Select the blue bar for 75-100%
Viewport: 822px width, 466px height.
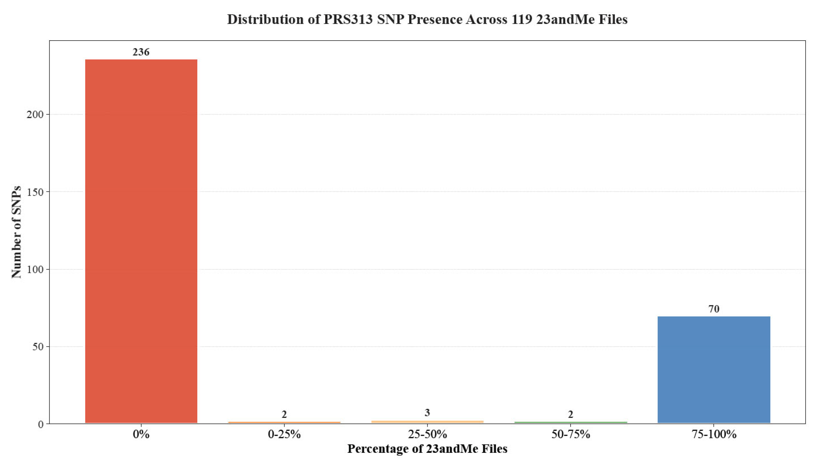(x=714, y=369)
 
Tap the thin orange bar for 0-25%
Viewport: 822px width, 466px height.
(x=284, y=423)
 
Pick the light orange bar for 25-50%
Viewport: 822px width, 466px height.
(x=427, y=422)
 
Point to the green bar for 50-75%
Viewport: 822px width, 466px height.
(x=571, y=423)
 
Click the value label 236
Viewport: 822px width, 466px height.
(x=141, y=52)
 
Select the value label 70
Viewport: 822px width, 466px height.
(x=714, y=309)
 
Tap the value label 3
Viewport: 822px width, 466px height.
(x=427, y=413)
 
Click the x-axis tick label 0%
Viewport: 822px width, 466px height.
(x=141, y=435)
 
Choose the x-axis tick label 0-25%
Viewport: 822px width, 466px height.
(x=284, y=435)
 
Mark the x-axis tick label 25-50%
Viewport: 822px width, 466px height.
(x=427, y=435)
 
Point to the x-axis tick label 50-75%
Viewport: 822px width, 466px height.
(x=571, y=435)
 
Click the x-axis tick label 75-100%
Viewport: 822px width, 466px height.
(x=714, y=435)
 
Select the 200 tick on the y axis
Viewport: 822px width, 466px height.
(x=35, y=115)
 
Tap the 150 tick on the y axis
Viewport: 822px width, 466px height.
(x=35, y=192)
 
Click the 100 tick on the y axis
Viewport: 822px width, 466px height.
(x=35, y=269)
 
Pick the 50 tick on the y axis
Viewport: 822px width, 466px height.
(x=38, y=347)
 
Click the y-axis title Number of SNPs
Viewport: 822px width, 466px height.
(x=16, y=232)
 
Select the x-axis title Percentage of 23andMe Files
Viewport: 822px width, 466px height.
(x=427, y=449)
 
